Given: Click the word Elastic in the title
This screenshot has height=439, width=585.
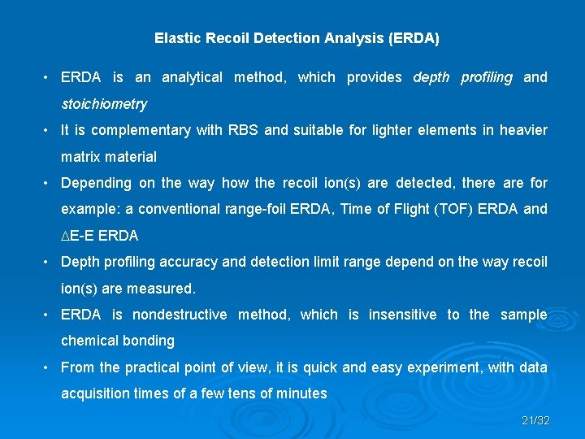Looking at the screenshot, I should point(174,38).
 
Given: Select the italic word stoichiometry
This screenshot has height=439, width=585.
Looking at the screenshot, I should point(104,104).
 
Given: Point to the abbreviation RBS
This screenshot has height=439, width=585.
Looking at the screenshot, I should point(242,130).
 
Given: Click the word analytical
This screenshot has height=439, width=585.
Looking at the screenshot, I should point(192,77).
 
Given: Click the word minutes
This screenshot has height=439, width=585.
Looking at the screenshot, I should point(301,393).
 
